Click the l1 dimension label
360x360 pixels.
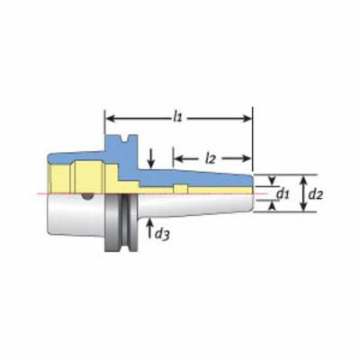[177, 118]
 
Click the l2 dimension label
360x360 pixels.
[211, 159]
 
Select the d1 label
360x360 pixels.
[283, 194]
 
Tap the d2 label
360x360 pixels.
[316, 194]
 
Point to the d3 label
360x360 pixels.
[162, 234]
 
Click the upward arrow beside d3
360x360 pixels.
[149, 229]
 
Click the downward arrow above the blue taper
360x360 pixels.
[151, 157]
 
